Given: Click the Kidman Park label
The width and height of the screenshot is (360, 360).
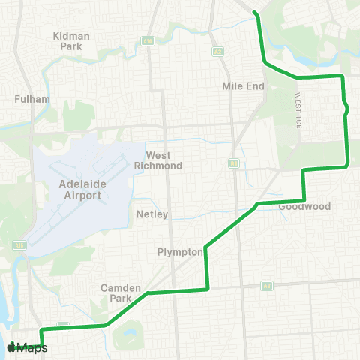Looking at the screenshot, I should tap(71, 40).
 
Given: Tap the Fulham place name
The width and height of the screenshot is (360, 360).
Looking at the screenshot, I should tap(32, 98).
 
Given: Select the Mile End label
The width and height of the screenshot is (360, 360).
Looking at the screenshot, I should tap(244, 86).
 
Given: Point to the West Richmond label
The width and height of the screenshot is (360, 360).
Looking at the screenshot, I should tap(163, 160).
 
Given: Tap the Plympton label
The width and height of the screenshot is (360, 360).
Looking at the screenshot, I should tap(180, 252).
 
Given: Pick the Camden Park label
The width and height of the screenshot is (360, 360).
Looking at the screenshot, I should tap(115, 292).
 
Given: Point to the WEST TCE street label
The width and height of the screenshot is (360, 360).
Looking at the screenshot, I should tap(298, 111).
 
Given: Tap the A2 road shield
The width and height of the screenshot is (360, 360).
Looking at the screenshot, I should tap(217, 52).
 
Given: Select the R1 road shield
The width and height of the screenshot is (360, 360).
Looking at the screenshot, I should tap(234, 162).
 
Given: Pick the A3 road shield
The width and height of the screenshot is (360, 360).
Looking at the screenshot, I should tap(266, 286).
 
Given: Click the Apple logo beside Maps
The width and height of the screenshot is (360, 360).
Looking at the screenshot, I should tap(11, 347).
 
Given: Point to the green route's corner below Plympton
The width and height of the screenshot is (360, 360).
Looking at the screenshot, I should tap(206, 289).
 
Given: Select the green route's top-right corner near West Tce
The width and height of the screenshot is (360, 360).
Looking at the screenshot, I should tap(342, 76).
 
